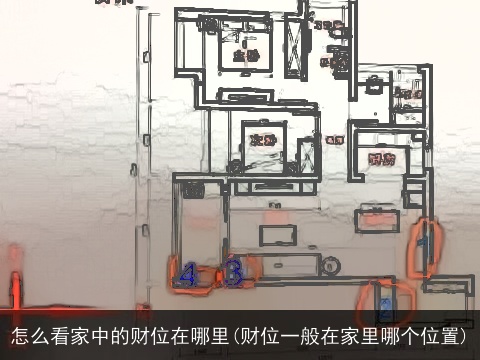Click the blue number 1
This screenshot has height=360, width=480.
pos(424,243)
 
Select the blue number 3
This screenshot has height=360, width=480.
pos(233,272)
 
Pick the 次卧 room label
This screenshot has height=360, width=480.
pos(262,139)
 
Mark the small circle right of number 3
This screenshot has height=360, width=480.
pos(330,265)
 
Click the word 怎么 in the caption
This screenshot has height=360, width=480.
pos(31,336)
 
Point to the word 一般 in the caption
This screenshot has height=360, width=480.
pos(318,336)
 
